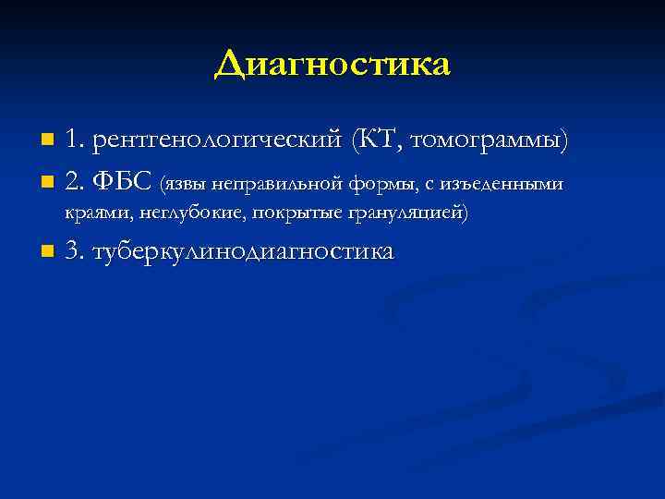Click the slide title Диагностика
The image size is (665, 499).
[332, 65]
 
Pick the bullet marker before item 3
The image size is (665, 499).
[47, 252]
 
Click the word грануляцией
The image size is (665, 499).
[406, 213]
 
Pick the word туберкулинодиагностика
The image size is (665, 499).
[243, 251]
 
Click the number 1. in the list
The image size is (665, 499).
[76, 141]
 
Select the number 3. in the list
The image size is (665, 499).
[76, 251]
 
